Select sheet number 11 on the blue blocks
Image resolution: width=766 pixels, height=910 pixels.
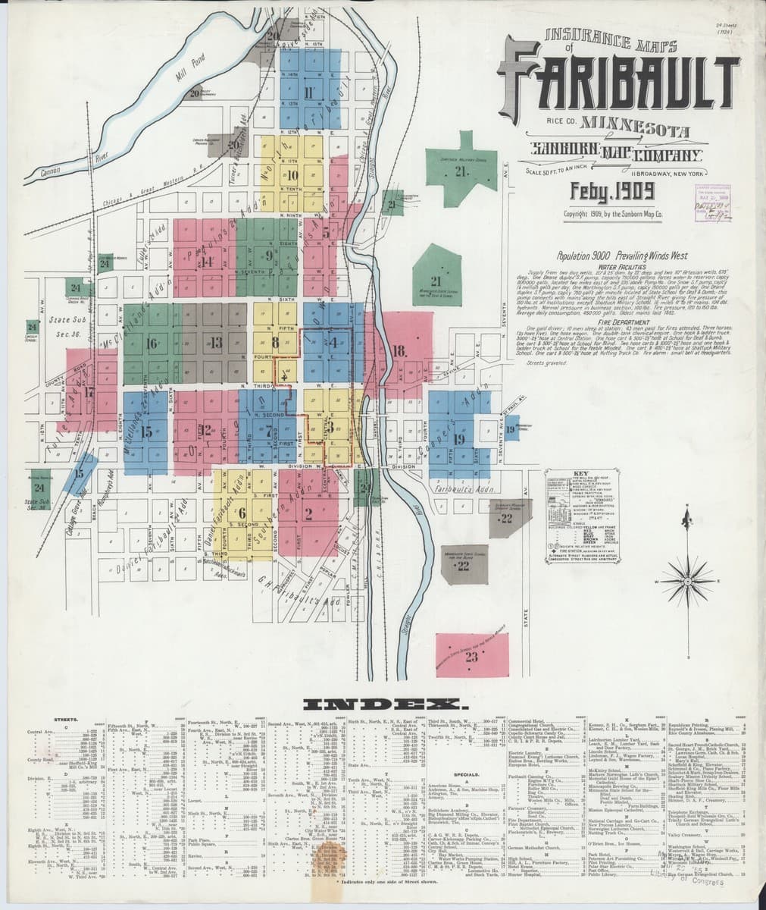(307, 94)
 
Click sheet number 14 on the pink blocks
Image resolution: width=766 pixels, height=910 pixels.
(207, 262)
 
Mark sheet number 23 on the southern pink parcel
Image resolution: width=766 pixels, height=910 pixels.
(472, 656)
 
